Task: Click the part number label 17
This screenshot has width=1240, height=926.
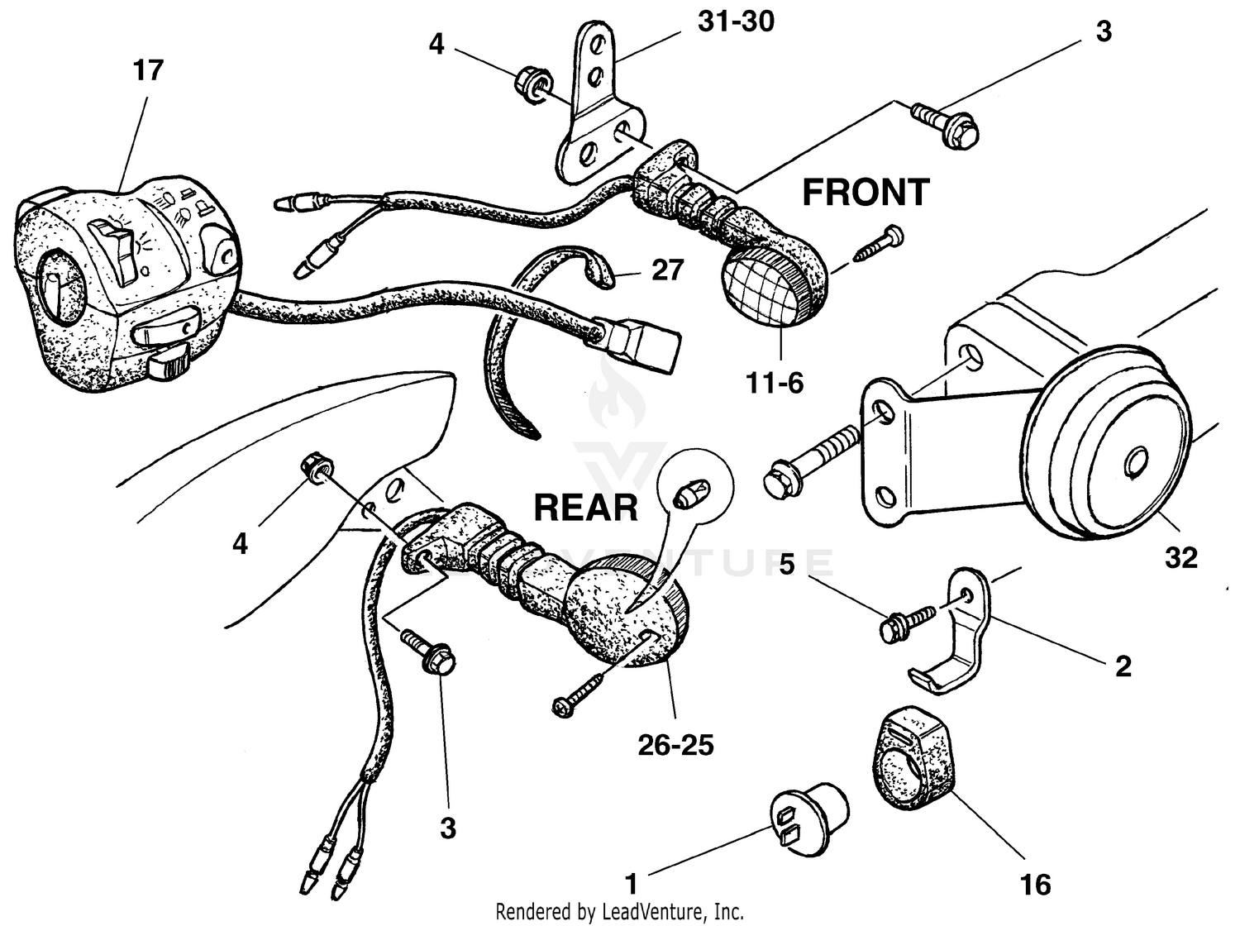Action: tap(148, 70)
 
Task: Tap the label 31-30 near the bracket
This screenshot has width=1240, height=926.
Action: tap(735, 21)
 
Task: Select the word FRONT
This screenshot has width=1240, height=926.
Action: tap(866, 193)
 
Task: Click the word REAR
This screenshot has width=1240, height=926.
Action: tap(585, 508)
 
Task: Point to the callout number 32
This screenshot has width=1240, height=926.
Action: tap(1180, 558)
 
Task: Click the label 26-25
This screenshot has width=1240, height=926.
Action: tap(675, 746)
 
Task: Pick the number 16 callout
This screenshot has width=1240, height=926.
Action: tap(1035, 885)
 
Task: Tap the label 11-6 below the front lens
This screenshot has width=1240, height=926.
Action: tap(774, 383)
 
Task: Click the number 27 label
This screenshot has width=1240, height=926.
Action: tap(667, 270)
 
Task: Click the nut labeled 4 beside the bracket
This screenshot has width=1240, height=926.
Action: tap(529, 81)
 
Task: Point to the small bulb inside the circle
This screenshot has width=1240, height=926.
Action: tap(684, 495)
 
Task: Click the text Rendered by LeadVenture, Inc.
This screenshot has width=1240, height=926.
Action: tap(619, 912)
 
